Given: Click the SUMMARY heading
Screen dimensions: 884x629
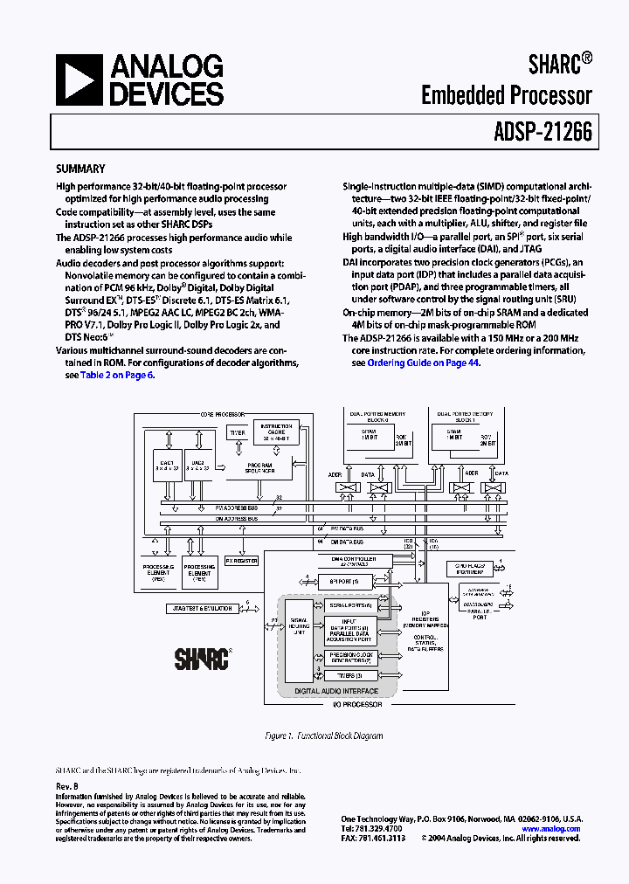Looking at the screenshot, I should pyautogui.click(x=80, y=169).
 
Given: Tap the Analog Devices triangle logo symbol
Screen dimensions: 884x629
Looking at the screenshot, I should pyautogui.click(x=79, y=79).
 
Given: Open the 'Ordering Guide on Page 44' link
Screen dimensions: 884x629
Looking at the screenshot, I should pyautogui.click(x=423, y=363).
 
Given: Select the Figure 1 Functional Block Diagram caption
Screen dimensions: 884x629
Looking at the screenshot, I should pyautogui.click(x=324, y=736).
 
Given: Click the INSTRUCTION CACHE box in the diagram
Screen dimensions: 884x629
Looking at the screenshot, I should pyautogui.click(x=275, y=433).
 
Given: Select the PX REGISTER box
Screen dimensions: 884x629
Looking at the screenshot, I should pyautogui.click(x=242, y=560).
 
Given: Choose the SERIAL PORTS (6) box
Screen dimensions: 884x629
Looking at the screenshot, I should pyautogui.click(x=350, y=604).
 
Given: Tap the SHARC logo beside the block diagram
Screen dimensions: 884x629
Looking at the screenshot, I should pyautogui.click(x=201, y=657).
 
